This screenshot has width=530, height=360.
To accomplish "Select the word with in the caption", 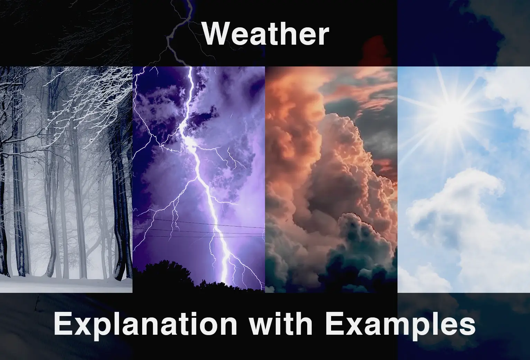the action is point(281,323).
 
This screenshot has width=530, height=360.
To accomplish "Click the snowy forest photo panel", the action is point(66,180).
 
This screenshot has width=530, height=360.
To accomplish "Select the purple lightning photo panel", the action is point(199,180).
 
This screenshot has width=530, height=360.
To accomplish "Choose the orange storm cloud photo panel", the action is point(331,180).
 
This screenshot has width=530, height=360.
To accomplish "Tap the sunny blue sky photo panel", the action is point(464,180).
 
